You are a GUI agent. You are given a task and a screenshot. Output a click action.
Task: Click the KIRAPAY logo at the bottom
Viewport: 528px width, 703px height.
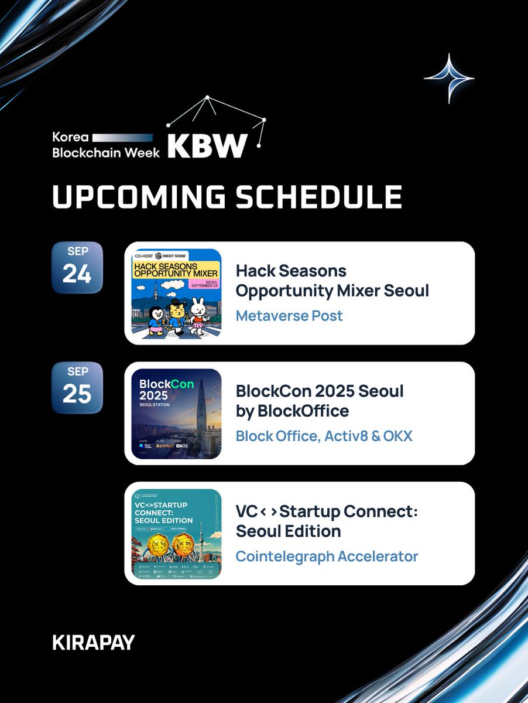point(93,643)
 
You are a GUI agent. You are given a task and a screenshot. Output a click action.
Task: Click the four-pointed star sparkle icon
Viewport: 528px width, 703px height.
point(449,78)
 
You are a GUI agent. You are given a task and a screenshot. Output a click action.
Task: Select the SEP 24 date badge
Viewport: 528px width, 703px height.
point(77,267)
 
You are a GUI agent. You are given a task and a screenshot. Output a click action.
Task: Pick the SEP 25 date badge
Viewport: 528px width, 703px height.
point(77,387)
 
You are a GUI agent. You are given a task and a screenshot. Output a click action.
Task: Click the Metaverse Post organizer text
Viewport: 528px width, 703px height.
point(289,316)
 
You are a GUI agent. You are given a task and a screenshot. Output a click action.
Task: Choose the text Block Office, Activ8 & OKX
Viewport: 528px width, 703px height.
point(324,436)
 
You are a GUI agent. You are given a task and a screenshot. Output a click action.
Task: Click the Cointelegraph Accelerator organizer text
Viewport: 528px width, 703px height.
point(327,556)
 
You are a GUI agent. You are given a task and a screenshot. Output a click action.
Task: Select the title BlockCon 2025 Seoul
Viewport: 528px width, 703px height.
point(320,391)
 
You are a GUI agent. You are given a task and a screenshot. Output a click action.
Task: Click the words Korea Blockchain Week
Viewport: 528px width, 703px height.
point(106,145)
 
